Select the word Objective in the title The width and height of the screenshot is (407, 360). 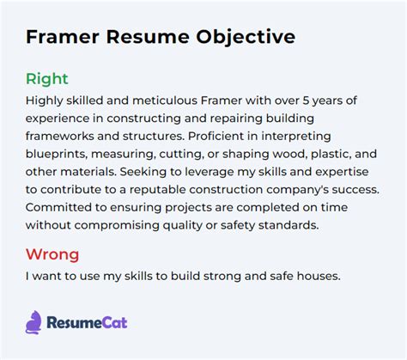pos(246,38)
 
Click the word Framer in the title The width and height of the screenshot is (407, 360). pos(62,38)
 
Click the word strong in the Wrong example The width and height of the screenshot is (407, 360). pos(193,277)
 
